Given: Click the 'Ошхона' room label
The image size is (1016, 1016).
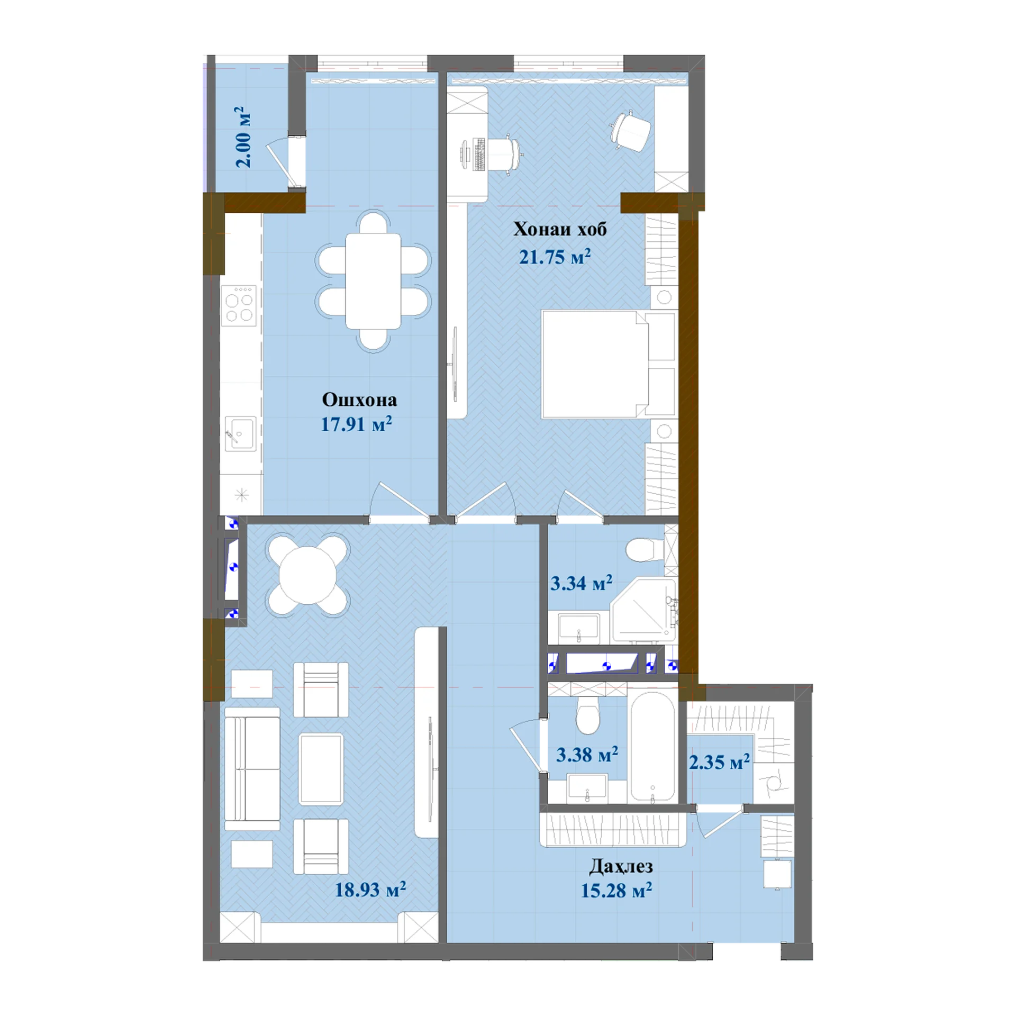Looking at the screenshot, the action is pos(359,400).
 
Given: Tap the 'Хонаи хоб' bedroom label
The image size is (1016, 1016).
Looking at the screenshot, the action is pos(560,229).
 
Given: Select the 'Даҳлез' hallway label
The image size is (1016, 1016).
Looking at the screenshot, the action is pos(621,866).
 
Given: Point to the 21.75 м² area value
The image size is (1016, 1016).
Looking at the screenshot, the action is pos(555,257).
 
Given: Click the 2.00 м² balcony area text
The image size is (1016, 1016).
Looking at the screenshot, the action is pos(243,137).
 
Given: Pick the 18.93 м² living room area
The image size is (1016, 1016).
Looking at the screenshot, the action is pos(370,890).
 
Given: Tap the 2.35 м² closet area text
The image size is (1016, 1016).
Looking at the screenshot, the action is pos(719,762).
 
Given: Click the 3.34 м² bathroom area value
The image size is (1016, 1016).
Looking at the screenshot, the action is pos(581,583).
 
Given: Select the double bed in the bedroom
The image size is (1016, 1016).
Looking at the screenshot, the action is pos(609,364).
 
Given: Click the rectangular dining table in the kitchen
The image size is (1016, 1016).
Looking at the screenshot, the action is pos(373,281).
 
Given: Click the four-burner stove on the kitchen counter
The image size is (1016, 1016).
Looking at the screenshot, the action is pos(239,305).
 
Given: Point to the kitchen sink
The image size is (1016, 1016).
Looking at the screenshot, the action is pos(240,434).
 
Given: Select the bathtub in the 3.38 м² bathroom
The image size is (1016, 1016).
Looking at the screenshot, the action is pos(653,747).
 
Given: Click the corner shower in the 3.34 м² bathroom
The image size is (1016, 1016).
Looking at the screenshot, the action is pos(643,611).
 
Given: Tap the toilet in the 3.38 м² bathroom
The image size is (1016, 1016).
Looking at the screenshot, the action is pos(588,715).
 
